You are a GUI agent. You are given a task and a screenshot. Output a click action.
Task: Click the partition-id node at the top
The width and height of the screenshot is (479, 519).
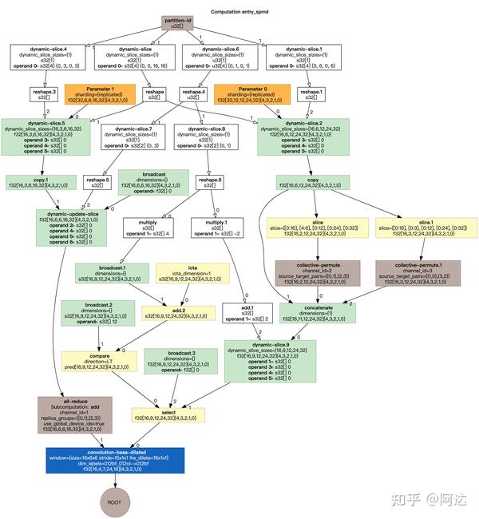point(176,23)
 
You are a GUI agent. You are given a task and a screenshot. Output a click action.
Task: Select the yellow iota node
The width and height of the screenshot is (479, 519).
point(192,273)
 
